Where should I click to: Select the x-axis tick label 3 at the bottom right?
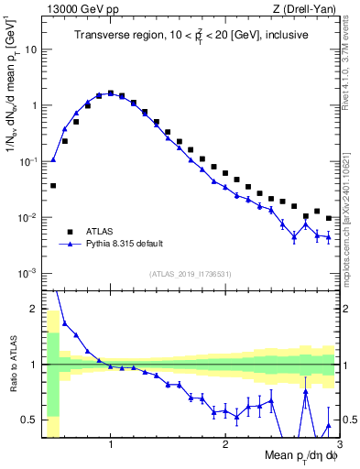[338, 446]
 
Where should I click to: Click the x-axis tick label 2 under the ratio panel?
[225, 446]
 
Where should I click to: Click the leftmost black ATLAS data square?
[53, 185]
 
